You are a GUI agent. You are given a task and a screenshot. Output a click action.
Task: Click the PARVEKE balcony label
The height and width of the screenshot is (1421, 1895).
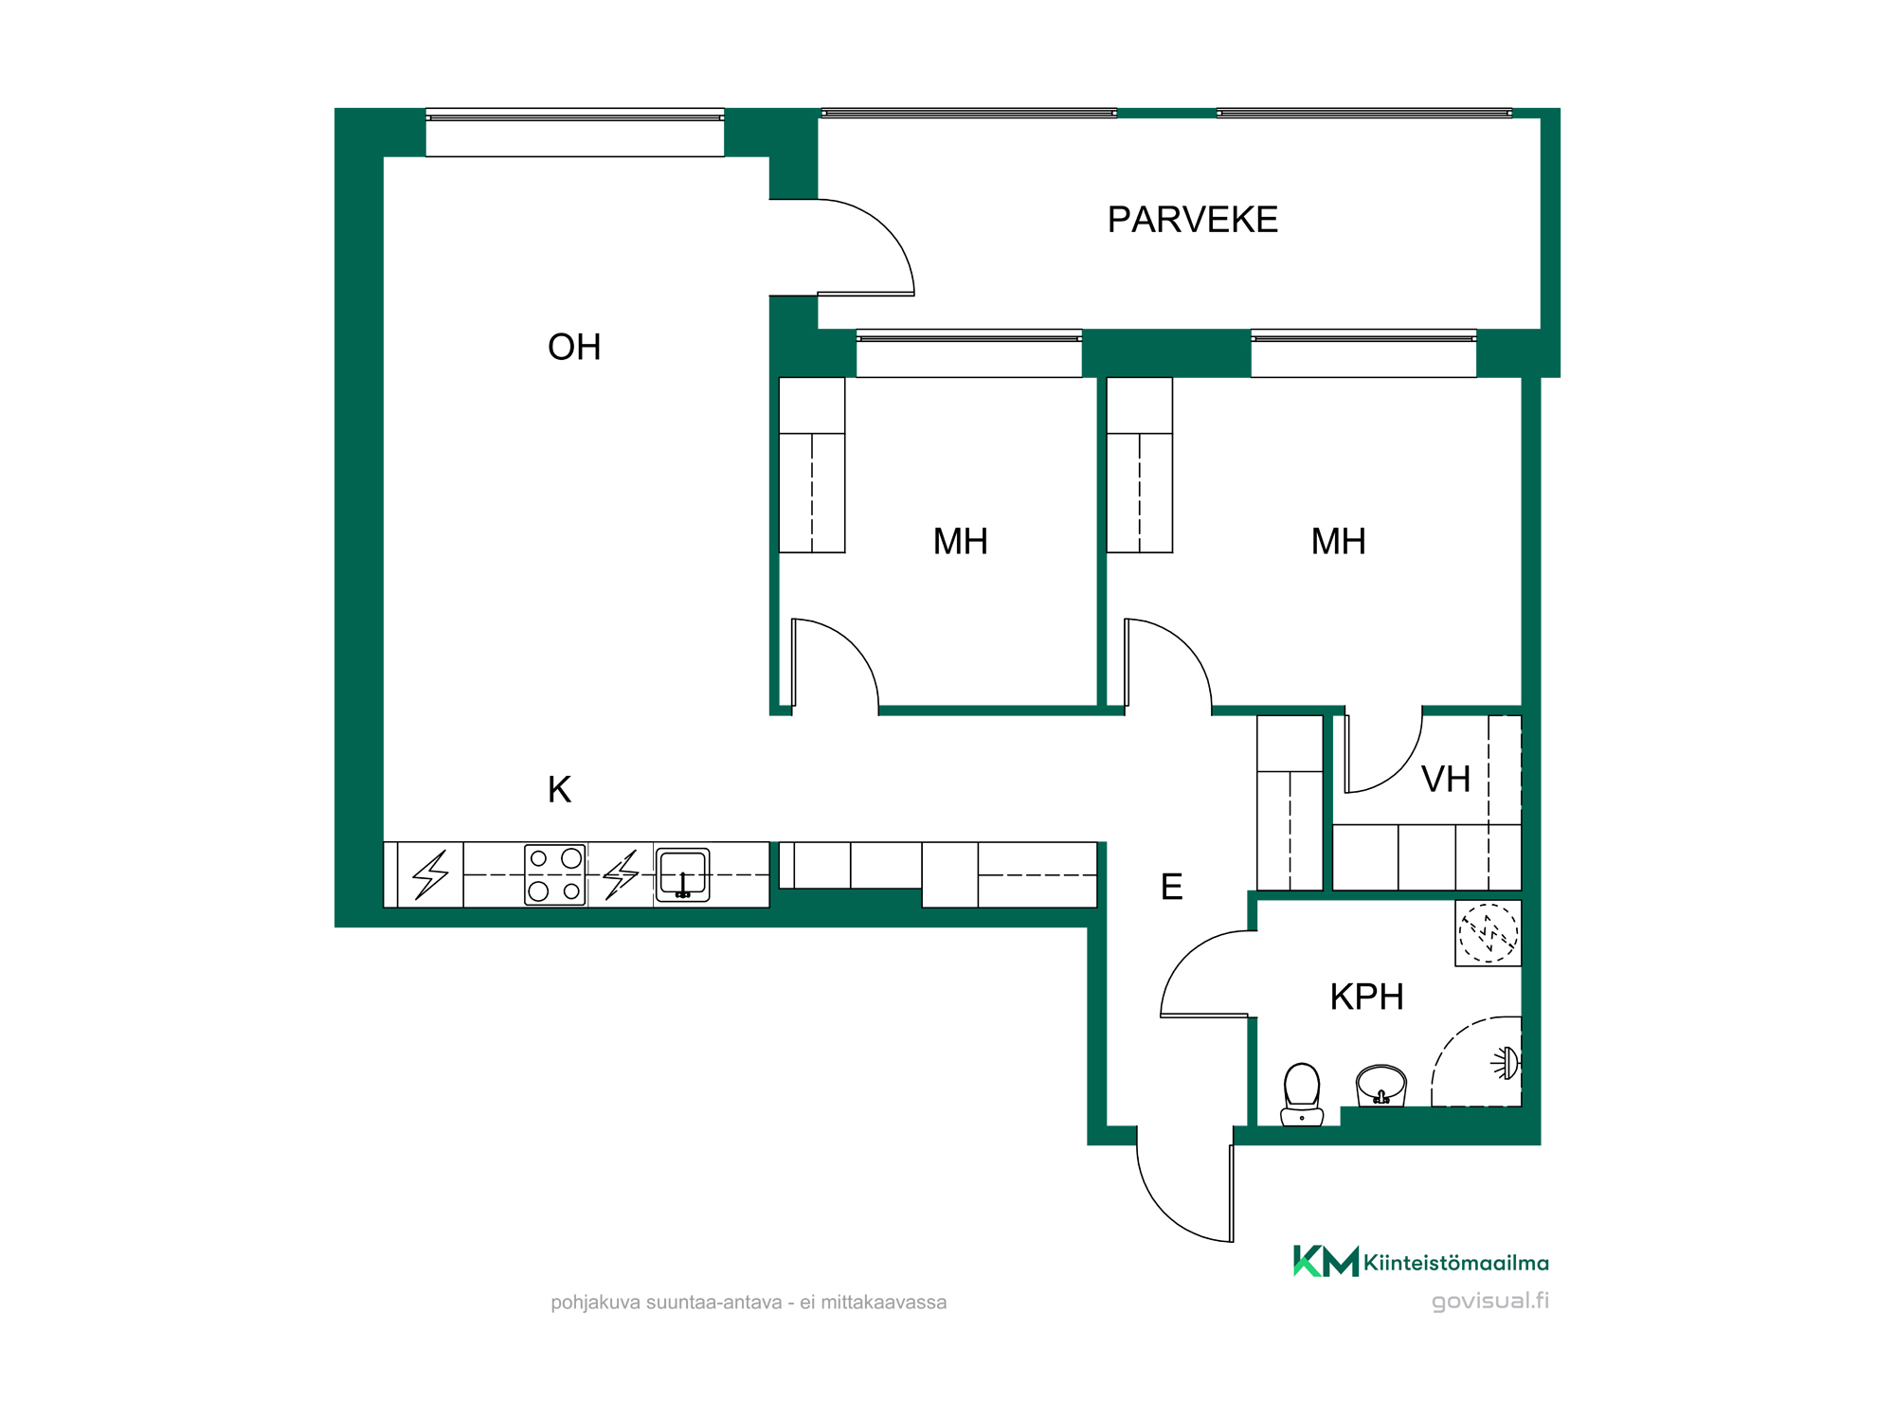(x=1193, y=220)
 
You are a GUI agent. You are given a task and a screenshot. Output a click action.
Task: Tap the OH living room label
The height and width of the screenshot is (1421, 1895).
(x=574, y=347)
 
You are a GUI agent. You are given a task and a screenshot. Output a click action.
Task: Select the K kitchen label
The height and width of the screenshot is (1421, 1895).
(x=559, y=789)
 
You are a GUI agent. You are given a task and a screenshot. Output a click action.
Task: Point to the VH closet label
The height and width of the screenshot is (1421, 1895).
(x=1446, y=780)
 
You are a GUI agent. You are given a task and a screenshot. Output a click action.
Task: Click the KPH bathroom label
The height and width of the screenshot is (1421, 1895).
(x=1366, y=997)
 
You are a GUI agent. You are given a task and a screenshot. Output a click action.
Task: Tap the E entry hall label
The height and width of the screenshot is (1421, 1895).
(x=1172, y=887)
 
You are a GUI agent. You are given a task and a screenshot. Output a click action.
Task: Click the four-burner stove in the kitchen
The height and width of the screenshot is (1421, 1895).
(x=555, y=874)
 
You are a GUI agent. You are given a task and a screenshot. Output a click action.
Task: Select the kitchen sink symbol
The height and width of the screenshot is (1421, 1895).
(x=683, y=874)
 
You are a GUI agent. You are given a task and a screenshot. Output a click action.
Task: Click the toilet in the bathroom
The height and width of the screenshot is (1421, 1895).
(x=1302, y=1094)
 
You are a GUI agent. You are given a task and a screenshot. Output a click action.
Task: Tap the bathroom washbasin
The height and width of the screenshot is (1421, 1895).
(x=1381, y=1086)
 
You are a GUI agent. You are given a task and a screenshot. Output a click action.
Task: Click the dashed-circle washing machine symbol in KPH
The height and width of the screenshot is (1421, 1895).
(x=1489, y=933)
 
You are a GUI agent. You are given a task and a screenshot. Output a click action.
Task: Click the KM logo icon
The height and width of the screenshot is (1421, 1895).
(x=1326, y=1261)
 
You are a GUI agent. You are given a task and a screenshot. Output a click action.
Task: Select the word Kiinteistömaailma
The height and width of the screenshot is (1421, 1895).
(x=1456, y=1263)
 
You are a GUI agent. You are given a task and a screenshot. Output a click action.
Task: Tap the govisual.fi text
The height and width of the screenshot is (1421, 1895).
(x=1490, y=1301)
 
